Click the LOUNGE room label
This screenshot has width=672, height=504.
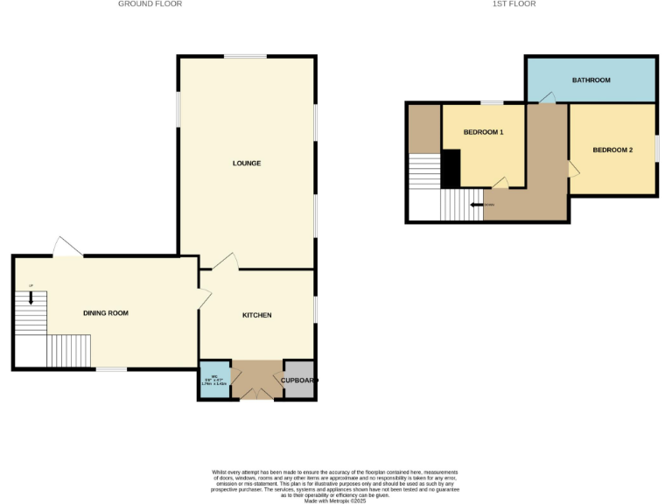tap(247, 164)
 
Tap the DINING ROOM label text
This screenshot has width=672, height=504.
tap(106, 313)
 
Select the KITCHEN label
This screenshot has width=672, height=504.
tap(257, 315)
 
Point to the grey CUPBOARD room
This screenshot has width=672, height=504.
tap(298, 381)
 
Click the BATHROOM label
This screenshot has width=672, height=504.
tap(591, 80)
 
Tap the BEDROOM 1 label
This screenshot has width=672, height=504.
tap(483, 132)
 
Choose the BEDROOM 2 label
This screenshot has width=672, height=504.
tap(612, 150)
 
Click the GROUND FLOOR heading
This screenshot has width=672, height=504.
tap(150, 4)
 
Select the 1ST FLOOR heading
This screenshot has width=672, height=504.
tap(514, 4)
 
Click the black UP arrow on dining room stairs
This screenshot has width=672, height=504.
tap(31, 297)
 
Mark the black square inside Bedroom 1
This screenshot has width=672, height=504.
tap(451, 168)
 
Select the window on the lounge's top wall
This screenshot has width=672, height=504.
tap(245, 57)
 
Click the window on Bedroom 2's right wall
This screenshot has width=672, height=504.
tap(656, 148)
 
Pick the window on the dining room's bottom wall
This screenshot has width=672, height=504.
tap(111, 369)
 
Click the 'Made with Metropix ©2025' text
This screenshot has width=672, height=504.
tap(335, 500)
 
